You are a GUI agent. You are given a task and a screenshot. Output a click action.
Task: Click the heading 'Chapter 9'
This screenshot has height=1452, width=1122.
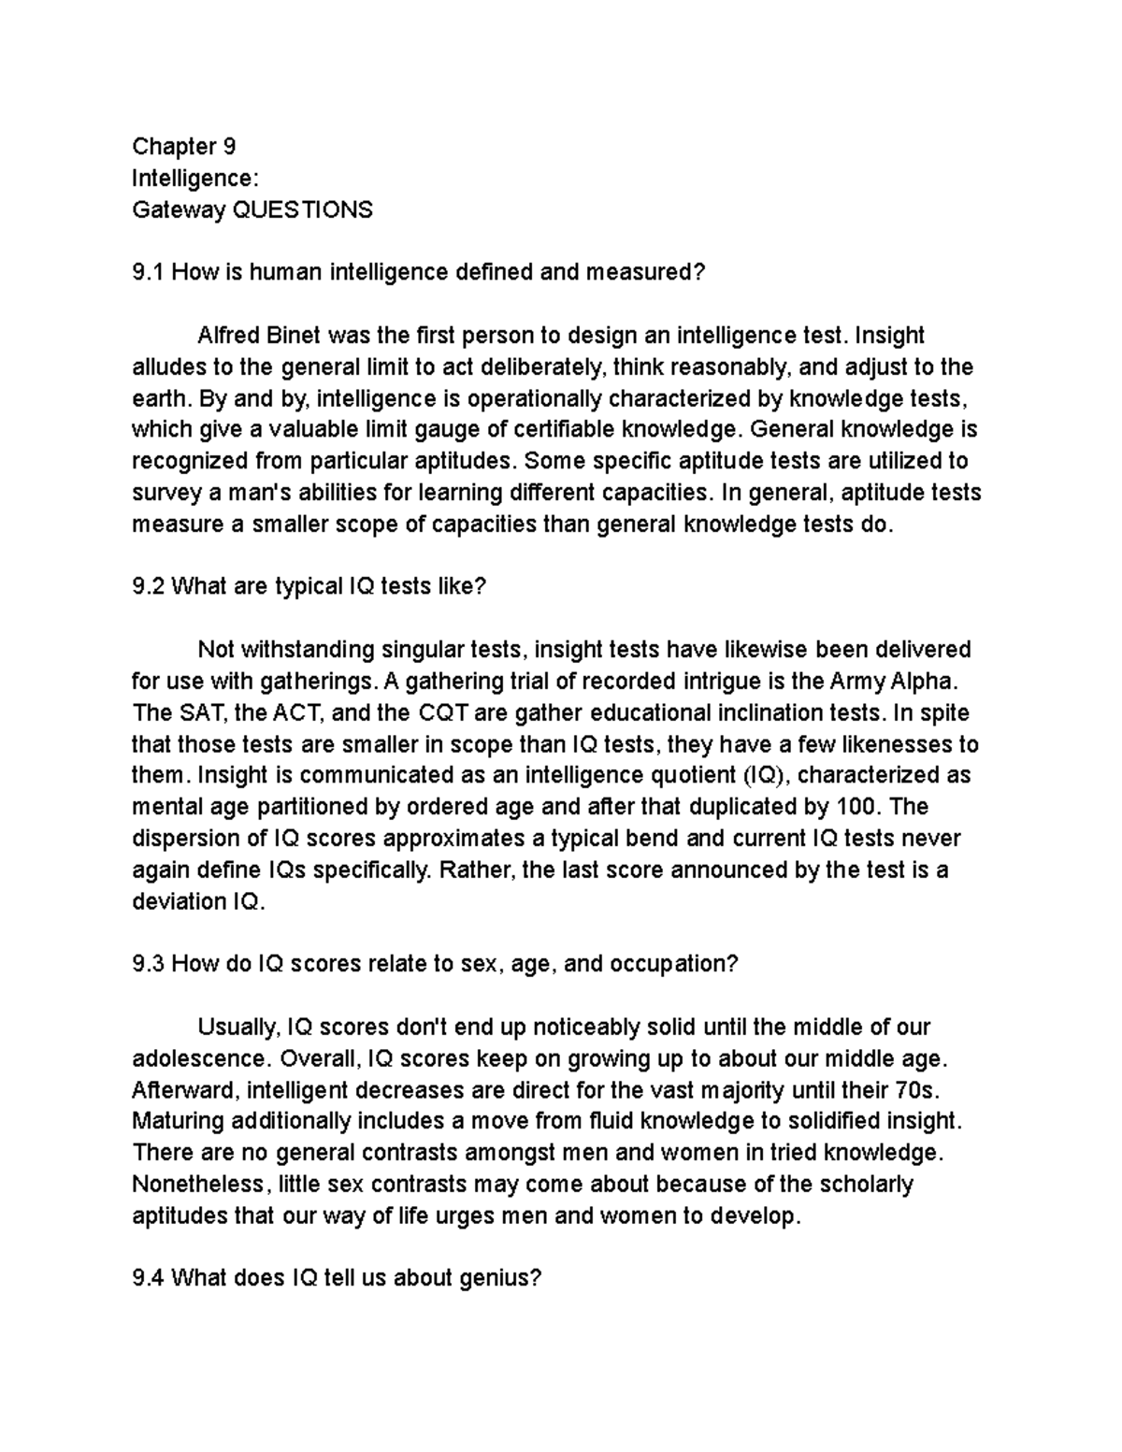point(183,147)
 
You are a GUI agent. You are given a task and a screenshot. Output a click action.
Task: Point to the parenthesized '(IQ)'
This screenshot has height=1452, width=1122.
point(766,775)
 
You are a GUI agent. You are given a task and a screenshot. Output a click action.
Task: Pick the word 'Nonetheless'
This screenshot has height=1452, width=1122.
point(197,1185)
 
